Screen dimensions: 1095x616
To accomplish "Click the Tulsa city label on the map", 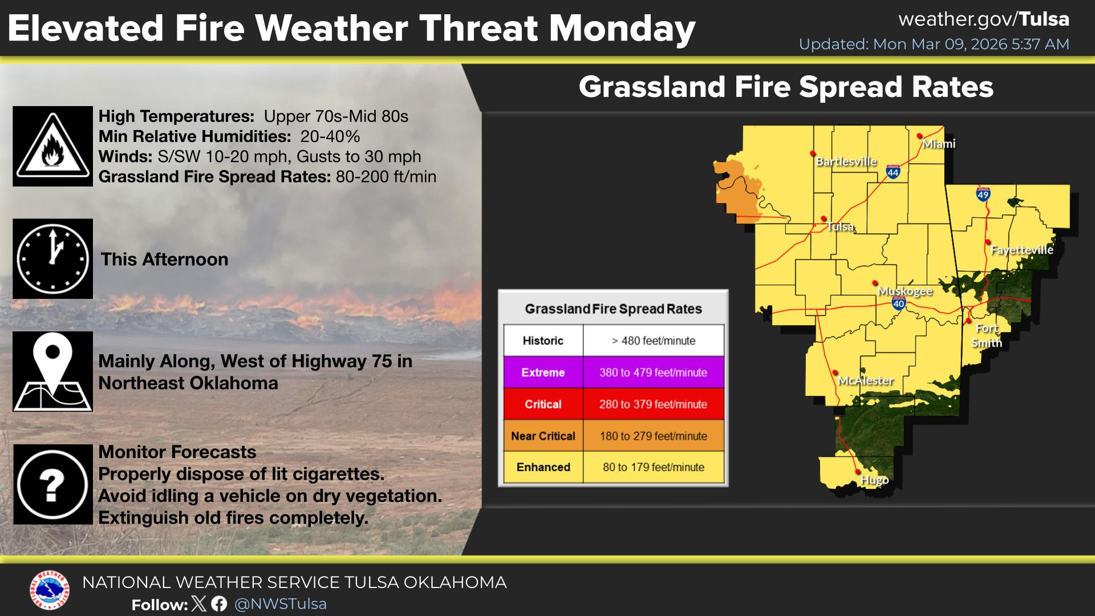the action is coord(841,227).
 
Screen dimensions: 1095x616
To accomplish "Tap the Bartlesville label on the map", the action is coord(846,161).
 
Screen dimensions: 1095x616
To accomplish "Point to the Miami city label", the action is coord(939,144).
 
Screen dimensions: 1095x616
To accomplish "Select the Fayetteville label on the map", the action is coord(1022,250).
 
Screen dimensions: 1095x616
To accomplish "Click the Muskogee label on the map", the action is coord(905,291).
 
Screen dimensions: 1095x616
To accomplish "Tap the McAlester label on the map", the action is coord(866,380).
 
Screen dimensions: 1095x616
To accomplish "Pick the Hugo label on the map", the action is coord(874,480).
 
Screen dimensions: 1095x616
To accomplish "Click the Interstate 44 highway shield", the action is coord(893,172).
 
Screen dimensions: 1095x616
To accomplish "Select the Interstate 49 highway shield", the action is coord(983,194).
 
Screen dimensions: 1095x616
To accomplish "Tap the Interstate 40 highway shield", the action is coord(899,303).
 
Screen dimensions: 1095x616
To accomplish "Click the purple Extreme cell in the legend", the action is coord(543,372).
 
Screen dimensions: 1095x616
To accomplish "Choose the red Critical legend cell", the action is coord(543,404).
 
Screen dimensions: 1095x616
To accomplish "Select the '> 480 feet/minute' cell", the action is coord(654,341).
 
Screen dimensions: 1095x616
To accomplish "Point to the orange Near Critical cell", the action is coord(543,436).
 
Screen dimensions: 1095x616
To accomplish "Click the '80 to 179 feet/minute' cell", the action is coord(654,467).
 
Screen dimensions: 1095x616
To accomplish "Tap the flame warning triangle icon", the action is coord(52,146).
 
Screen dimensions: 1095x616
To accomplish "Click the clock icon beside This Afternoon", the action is coord(52,258).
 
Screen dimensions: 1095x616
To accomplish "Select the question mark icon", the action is coord(52,485).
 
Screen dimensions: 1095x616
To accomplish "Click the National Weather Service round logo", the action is coord(50,590).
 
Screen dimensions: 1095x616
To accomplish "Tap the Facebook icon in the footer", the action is coord(219,604).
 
